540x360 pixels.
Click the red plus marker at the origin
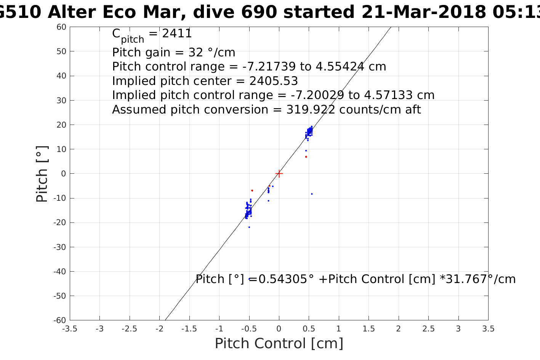coord(279,174)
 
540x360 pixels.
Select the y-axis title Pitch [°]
coord(42,174)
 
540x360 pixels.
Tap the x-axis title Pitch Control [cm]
coord(279,343)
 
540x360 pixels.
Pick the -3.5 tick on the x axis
coord(70,329)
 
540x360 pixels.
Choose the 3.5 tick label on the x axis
coord(488,329)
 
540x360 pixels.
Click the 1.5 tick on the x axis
coord(369,329)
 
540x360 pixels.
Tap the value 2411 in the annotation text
coord(177,34)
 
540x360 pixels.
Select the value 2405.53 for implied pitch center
coord(274,81)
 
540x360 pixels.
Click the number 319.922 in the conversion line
coord(311,110)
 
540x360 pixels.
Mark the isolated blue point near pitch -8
coord(312,194)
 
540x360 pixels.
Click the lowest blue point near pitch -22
coord(249,227)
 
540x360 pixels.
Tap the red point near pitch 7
coord(306,157)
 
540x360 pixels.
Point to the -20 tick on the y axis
coord(60,222)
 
